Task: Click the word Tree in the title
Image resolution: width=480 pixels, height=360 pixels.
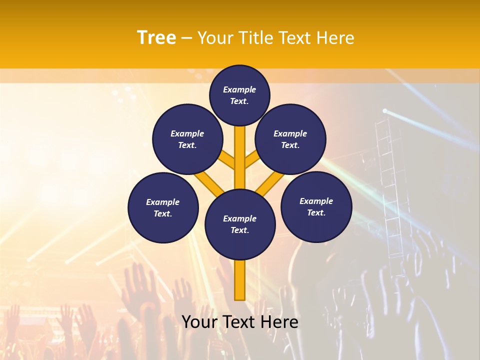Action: point(156,38)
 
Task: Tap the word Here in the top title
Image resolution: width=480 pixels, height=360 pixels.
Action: point(335,38)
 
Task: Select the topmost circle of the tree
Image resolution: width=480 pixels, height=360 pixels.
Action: point(239,95)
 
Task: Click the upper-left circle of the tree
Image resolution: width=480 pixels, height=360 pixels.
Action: point(187,139)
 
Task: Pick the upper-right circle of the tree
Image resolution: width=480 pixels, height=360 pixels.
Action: point(290,139)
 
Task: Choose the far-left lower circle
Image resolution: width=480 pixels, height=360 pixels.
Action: point(163,207)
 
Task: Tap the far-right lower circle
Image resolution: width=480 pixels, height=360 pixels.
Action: point(316,206)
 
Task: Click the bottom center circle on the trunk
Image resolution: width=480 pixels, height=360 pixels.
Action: point(240,224)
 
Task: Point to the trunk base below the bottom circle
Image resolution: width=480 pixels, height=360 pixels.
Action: point(240,280)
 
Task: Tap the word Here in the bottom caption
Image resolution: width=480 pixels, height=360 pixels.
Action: point(280,322)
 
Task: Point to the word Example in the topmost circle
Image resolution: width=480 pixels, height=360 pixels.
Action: point(239,89)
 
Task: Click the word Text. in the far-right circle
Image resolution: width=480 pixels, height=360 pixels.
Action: point(316,212)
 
